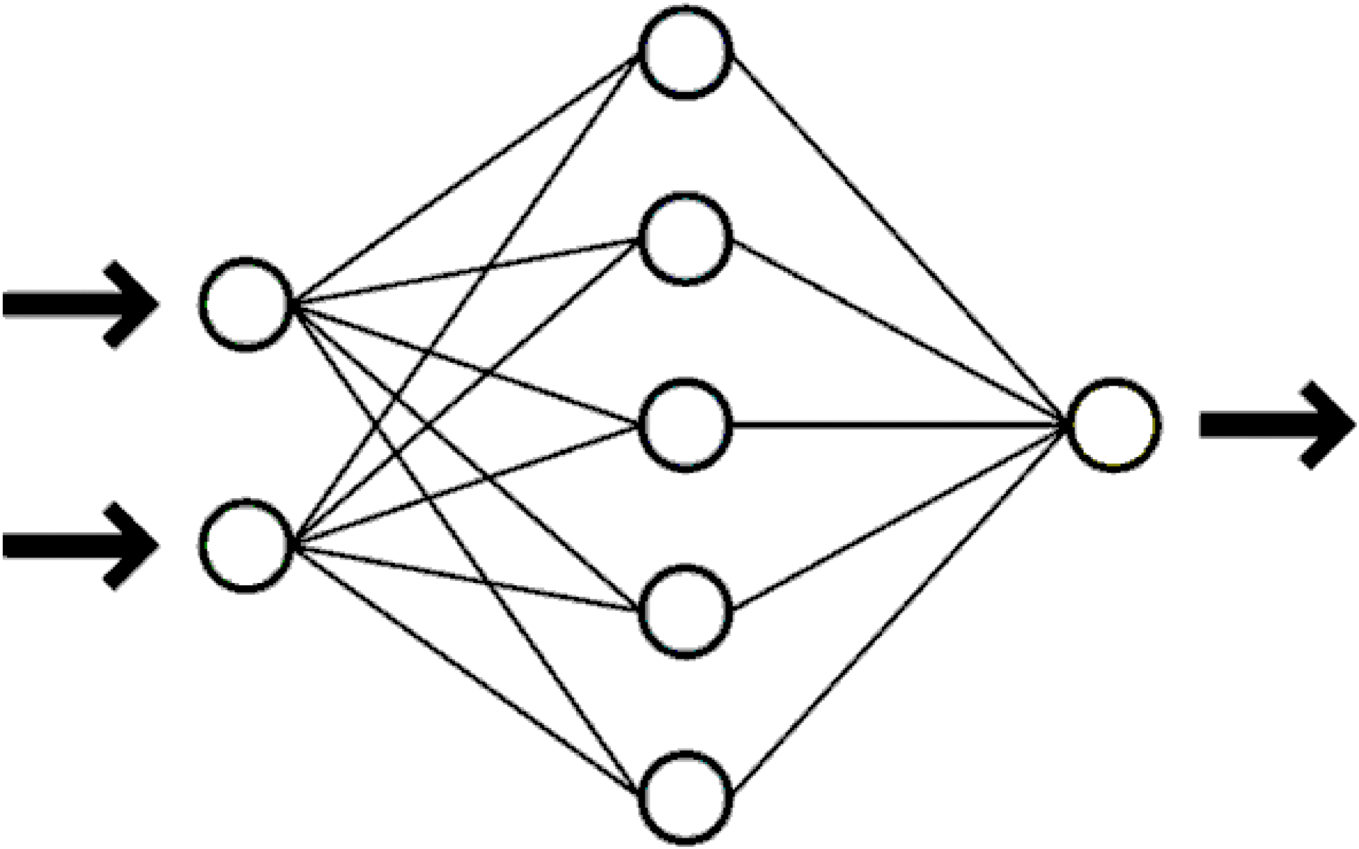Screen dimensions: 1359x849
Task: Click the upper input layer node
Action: click(246, 304)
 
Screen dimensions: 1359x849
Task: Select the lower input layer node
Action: click(246, 545)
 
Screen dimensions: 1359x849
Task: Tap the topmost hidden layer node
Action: click(684, 52)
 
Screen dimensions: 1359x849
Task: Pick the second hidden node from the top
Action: click(684, 238)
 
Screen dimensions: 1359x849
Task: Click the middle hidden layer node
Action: click(684, 425)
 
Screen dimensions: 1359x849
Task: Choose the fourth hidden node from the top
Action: click(684, 611)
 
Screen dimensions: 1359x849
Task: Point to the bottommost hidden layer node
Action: click(684, 797)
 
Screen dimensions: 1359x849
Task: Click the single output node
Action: click(1113, 425)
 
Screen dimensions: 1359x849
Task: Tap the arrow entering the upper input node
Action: click(81, 304)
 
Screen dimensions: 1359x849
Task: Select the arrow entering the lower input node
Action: click(81, 545)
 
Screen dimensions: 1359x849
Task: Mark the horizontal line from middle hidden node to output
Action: click(899, 425)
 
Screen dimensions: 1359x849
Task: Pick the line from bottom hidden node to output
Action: click(899, 610)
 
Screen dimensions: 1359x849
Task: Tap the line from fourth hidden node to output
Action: click(899, 518)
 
